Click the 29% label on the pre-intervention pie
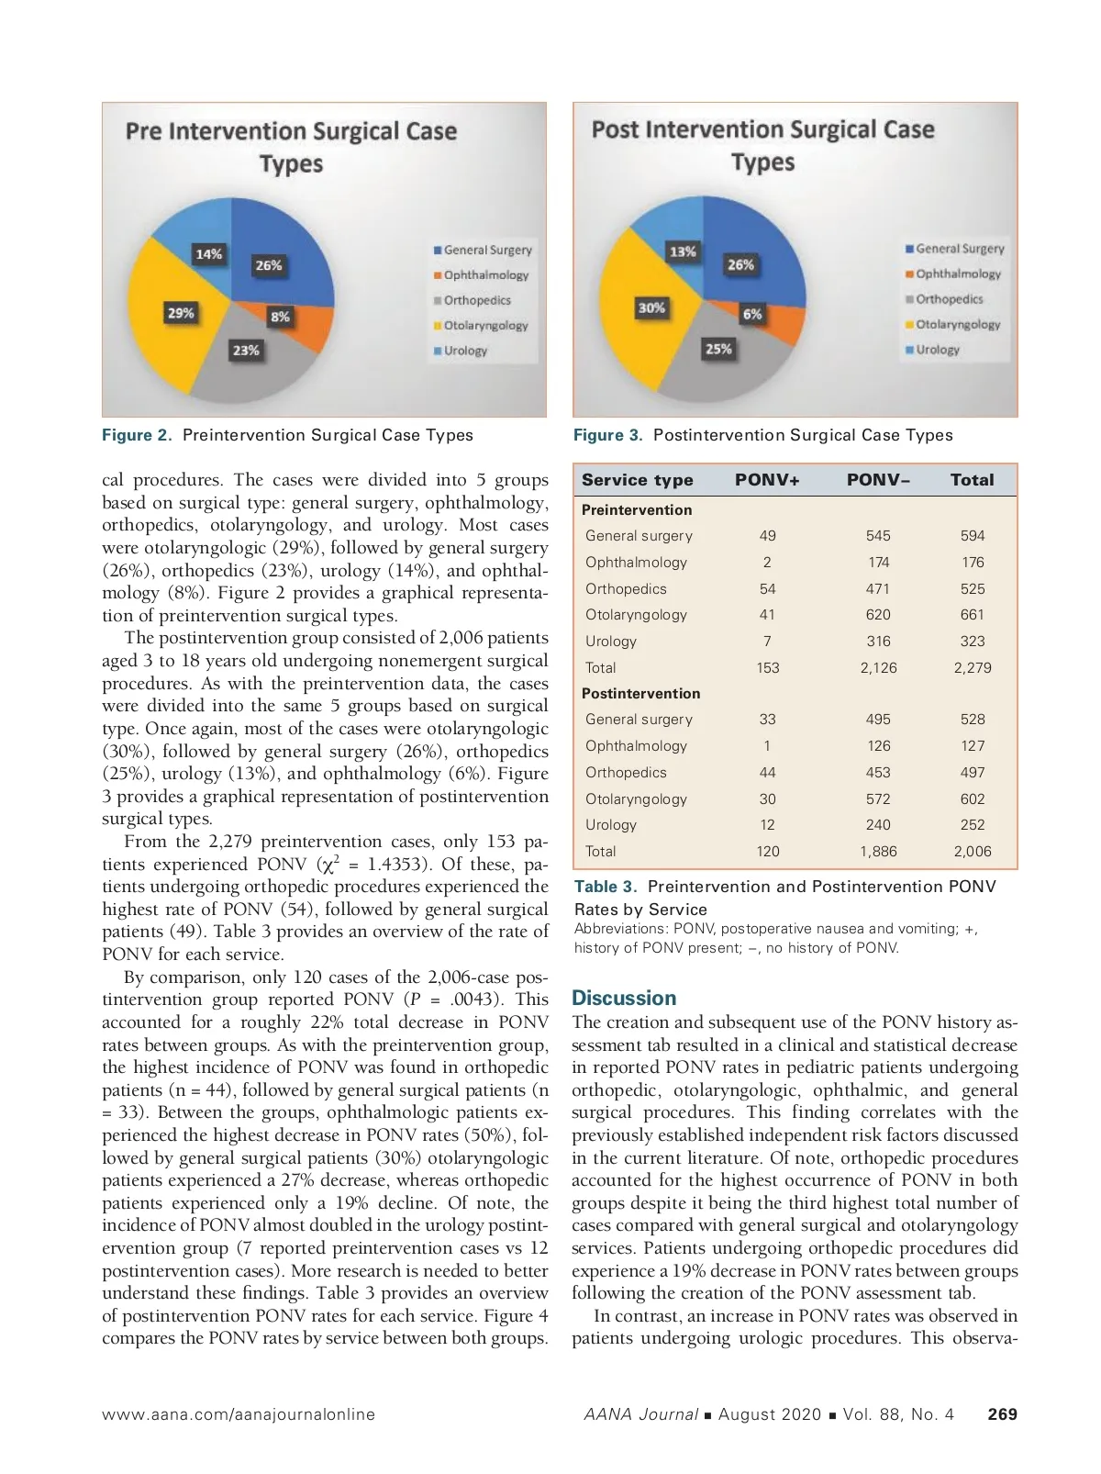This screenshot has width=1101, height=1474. pyautogui.click(x=181, y=313)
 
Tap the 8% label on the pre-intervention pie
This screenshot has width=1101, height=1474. pyautogui.click(x=280, y=317)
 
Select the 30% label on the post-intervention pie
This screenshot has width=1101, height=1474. pyautogui.click(x=651, y=308)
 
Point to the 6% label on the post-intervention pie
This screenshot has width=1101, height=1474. pyautogui.click(x=752, y=314)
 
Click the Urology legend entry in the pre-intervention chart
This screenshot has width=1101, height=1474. pyautogui.click(x=465, y=351)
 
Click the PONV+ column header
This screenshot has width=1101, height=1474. pyautogui.click(x=767, y=480)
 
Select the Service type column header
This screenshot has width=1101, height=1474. pyautogui.click(x=637, y=480)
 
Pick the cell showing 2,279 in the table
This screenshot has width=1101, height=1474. pyautogui.click(x=972, y=668)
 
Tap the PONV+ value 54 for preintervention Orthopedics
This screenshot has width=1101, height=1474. pyautogui.click(x=767, y=589)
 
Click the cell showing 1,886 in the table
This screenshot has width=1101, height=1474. pyautogui.click(x=878, y=852)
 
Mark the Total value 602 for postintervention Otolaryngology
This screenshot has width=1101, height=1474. pyautogui.click(x=972, y=799)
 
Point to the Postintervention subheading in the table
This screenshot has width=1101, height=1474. pyautogui.click(x=640, y=694)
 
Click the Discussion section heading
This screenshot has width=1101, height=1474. pyautogui.click(x=624, y=998)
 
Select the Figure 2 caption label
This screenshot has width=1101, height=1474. pyautogui.click(x=137, y=435)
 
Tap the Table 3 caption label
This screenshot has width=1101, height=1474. pyautogui.click(x=606, y=887)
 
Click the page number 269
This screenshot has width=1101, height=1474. pyautogui.click(x=1002, y=1414)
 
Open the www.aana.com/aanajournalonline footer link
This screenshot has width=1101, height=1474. pyautogui.click(x=239, y=1414)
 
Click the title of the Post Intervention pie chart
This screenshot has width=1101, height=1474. pyautogui.click(x=762, y=146)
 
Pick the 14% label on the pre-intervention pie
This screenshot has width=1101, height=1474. pyautogui.click(x=208, y=253)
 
